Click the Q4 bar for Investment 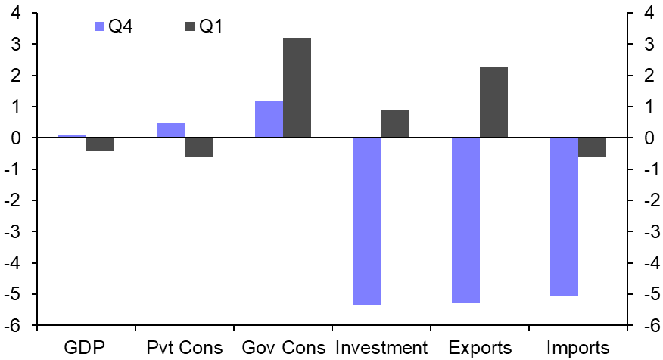pyautogui.click(x=367, y=221)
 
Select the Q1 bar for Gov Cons pyautogui.click(x=297, y=88)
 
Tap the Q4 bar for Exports pyautogui.click(x=465, y=220)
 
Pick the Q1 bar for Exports pyautogui.click(x=493, y=102)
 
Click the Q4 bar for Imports pyautogui.click(x=564, y=217)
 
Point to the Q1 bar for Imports pyautogui.click(x=592, y=147)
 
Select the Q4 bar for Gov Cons pyautogui.click(x=269, y=119)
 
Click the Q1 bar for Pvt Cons pyautogui.click(x=198, y=147)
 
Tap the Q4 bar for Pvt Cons pyautogui.click(x=170, y=130)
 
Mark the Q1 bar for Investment pyautogui.click(x=395, y=124)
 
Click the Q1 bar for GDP pyautogui.click(x=100, y=144)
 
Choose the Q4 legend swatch pyautogui.click(x=98, y=27)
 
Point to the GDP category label pyautogui.click(x=86, y=348)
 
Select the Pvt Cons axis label pyautogui.click(x=184, y=348)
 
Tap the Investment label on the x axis pyautogui.click(x=381, y=348)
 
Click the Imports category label pyautogui.click(x=577, y=348)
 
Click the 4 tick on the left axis pyautogui.click(x=15, y=14)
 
